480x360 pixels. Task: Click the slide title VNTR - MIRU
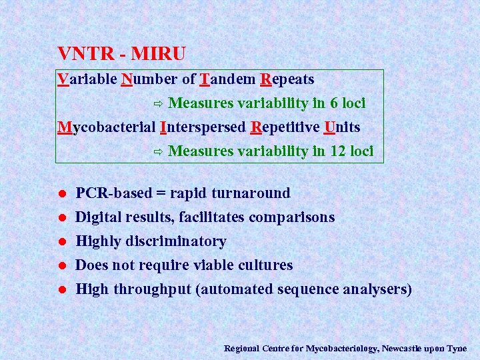[x=121, y=53]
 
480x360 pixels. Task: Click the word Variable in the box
[x=87, y=79]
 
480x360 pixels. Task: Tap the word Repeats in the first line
[x=287, y=79]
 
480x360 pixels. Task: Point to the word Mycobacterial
[x=107, y=127]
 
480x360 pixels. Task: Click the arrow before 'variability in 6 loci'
[x=158, y=104]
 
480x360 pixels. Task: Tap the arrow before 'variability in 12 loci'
[x=158, y=152]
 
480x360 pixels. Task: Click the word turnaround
[x=251, y=193]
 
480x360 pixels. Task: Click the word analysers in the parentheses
[x=377, y=289]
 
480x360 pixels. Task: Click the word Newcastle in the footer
[x=401, y=348]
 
